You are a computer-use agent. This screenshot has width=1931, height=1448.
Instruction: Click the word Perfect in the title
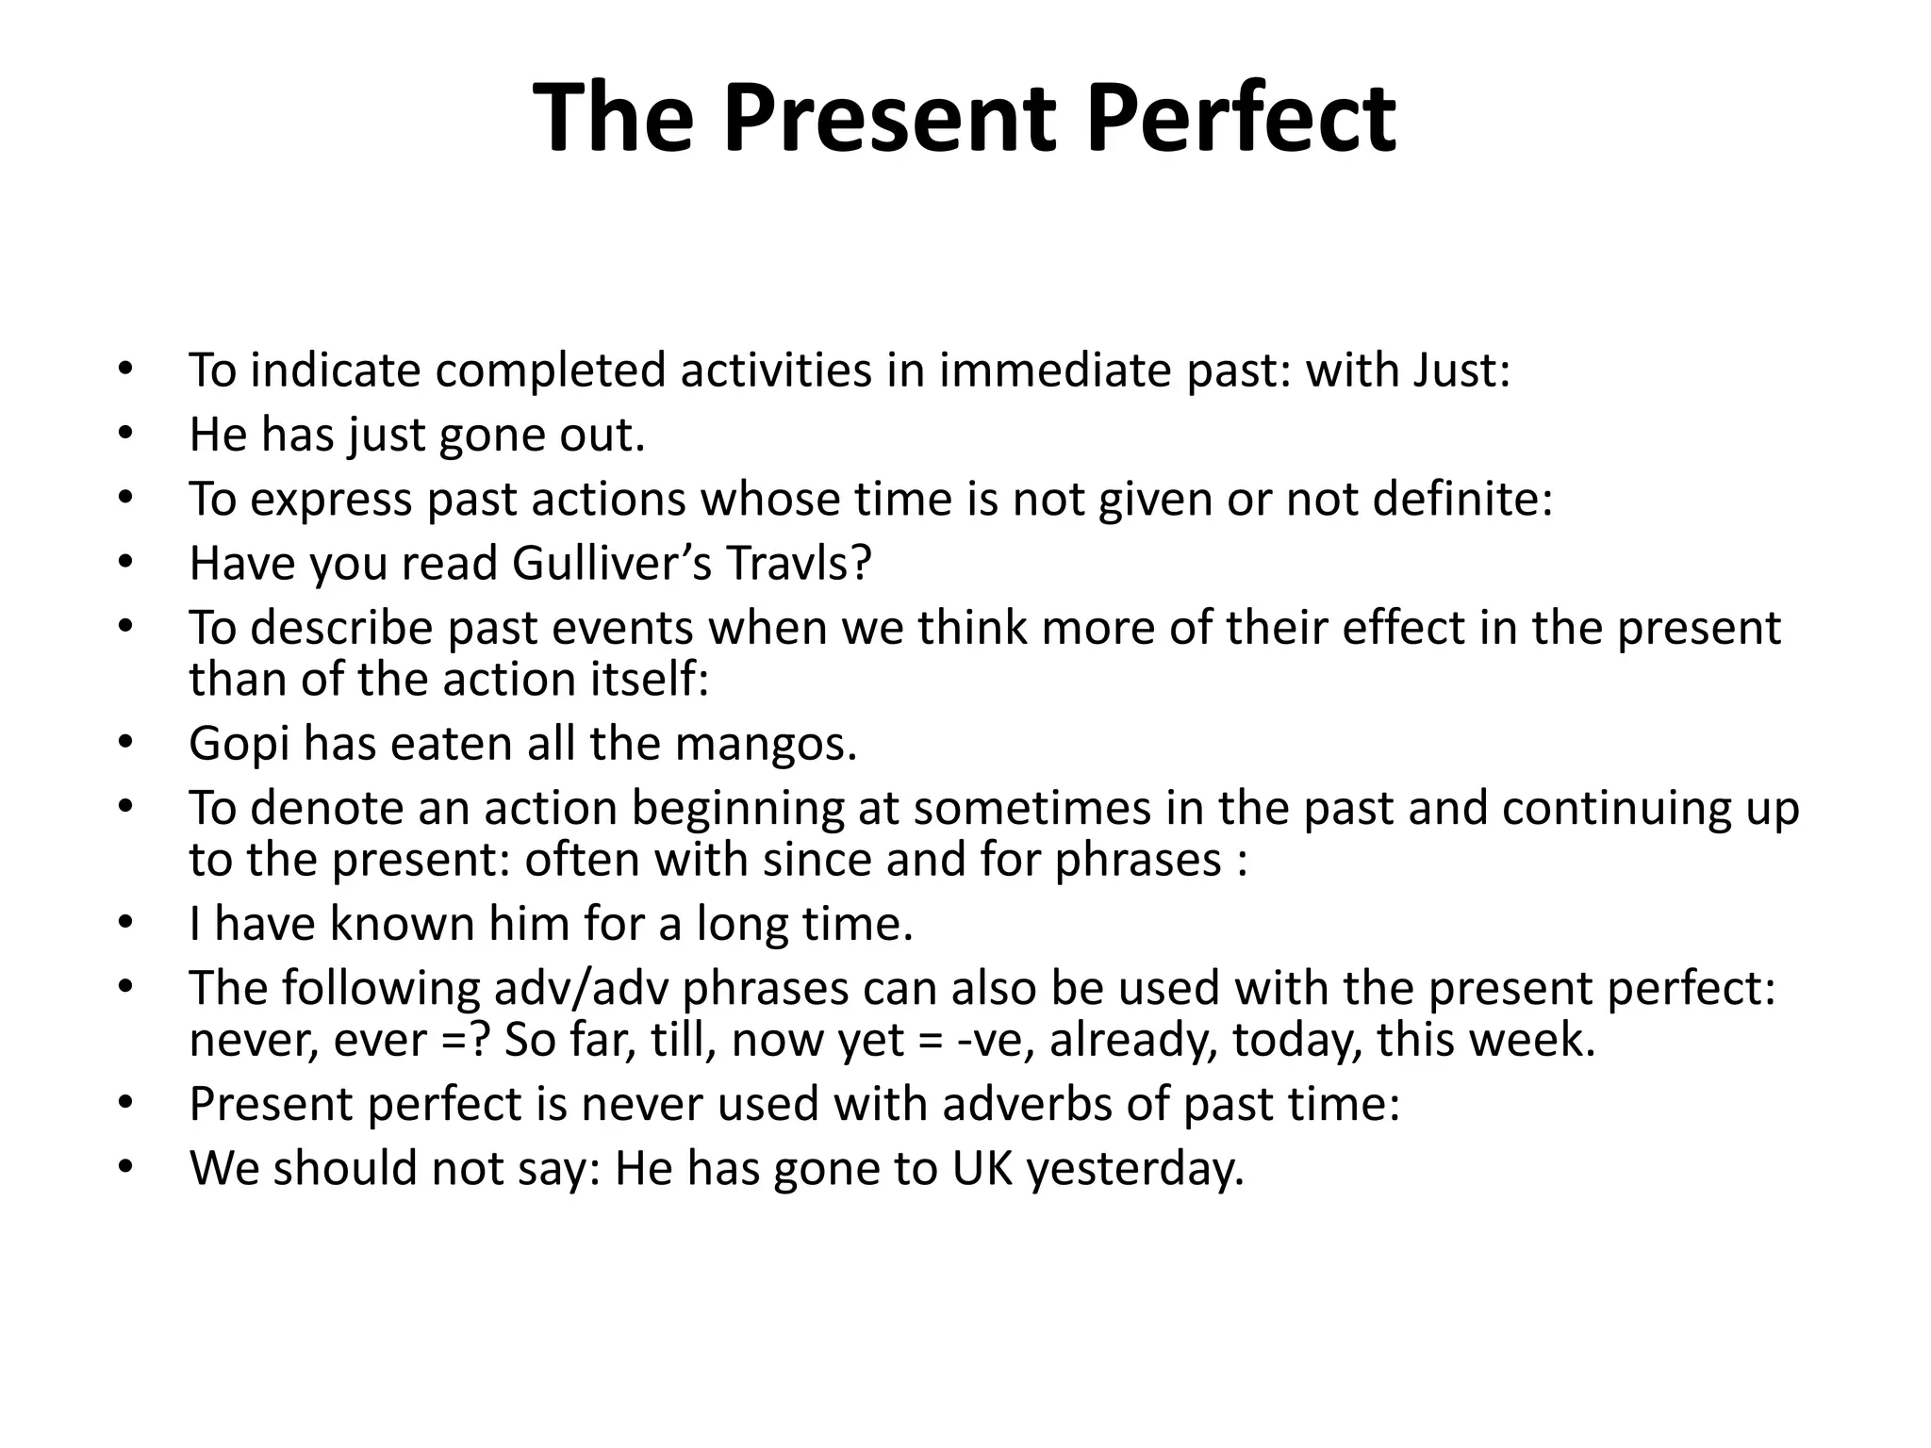point(1240,119)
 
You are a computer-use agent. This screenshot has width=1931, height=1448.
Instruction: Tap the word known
point(402,923)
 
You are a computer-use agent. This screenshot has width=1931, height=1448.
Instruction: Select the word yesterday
point(1135,1168)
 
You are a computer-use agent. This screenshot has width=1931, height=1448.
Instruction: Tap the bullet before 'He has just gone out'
point(126,435)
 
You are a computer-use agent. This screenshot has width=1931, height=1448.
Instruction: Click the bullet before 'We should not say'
point(126,1168)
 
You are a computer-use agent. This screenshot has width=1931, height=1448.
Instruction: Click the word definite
point(1461,499)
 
